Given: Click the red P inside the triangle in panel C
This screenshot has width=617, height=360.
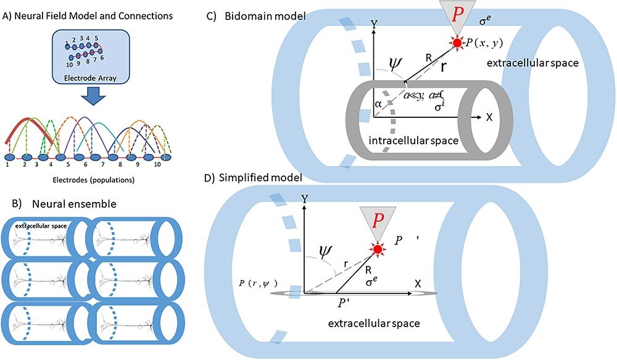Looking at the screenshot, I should point(455,14).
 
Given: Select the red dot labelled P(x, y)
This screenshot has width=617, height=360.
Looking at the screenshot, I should point(457,43).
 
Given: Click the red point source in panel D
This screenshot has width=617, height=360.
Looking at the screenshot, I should point(377,249).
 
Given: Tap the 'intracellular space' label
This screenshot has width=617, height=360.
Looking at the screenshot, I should point(412,141).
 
